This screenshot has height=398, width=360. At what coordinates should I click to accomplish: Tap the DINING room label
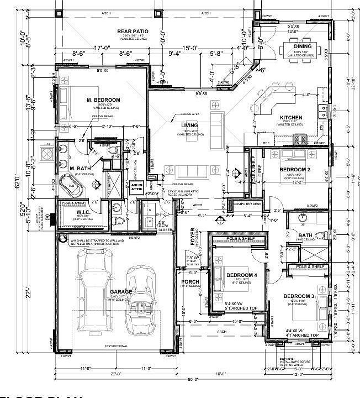pos(303,46)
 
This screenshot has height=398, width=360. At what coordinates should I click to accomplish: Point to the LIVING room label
pos(189,125)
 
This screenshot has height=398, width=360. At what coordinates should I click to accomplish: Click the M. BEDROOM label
pos(103,99)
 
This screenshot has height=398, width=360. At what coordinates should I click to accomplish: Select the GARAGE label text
pos(121,291)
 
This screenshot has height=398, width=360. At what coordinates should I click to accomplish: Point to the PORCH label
pos(190,282)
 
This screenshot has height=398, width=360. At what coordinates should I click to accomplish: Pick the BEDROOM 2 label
pos(294,169)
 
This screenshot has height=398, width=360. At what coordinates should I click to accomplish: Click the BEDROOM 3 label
pos(299,297)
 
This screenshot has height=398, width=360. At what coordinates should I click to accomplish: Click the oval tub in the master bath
pos(71,185)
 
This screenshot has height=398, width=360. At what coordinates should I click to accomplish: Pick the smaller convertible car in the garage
pos(141,301)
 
